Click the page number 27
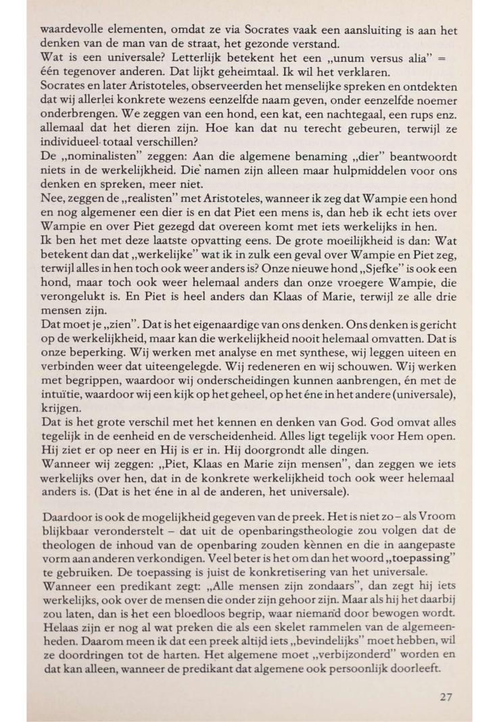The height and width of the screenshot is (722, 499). [444, 697]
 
